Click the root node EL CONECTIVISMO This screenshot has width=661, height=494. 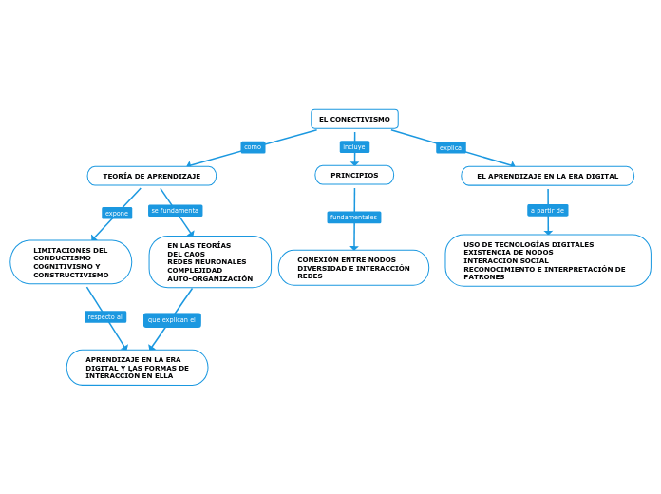pyautogui.click(x=354, y=119)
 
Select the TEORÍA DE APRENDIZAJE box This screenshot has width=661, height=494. pyautogui.click(x=152, y=176)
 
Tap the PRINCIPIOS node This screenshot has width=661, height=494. pyautogui.click(x=354, y=175)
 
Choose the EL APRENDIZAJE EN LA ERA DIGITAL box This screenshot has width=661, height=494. pyautogui.click(x=547, y=176)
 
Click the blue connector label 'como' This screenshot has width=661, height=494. pyautogui.click(x=253, y=147)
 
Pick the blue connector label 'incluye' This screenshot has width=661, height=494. pyautogui.click(x=354, y=147)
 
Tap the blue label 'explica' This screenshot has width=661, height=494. pyautogui.click(x=450, y=147)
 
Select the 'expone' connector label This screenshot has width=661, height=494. pyautogui.click(x=117, y=213)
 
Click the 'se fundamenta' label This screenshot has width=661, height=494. pyautogui.click(x=175, y=210)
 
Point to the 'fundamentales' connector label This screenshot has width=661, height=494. pyautogui.click(x=353, y=218)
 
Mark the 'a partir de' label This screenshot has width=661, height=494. pyautogui.click(x=547, y=210)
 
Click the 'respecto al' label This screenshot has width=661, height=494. pyautogui.click(x=105, y=316)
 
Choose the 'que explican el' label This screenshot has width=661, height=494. pyautogui.click(x=172, y=320)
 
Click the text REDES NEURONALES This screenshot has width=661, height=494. pyautogui.click(x=206, y=261)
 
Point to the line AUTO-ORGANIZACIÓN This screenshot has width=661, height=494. pyautogui.click(x=210, y=278)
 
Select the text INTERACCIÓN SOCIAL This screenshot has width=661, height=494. pyautogui.click(x=506, y=260)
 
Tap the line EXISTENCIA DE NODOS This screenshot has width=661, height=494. pyautogui.click(x=508, y=252)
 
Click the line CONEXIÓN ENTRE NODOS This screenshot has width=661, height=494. pyautogui.click(x=347, y=259)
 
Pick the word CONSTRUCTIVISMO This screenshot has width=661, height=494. pyautogui.click(x=71, y=275)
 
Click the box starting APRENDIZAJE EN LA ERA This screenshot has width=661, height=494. pyautogui.click(x=137, y=367)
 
